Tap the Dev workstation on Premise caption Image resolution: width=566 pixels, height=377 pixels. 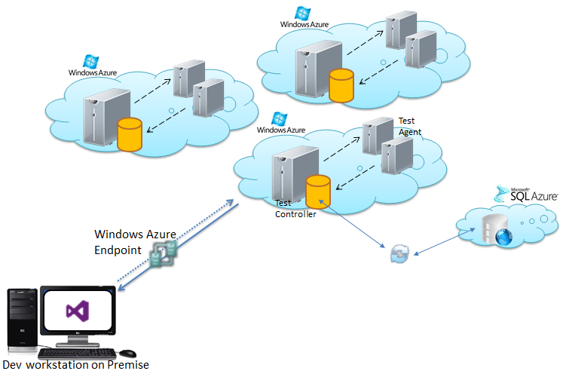(75, 366)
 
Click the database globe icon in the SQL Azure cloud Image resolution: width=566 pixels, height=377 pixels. (503, 233)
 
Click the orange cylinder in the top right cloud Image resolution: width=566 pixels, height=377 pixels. (341, 84)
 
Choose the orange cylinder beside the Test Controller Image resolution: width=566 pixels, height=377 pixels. (318, 192)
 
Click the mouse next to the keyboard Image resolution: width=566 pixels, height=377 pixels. (127, 352)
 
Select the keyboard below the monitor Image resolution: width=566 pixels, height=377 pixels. (78, 352)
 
